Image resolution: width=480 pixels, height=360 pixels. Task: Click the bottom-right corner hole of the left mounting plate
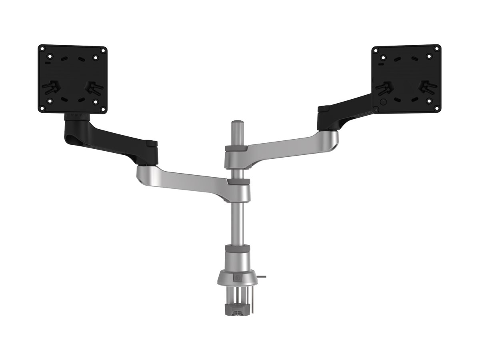(x=102, y=108)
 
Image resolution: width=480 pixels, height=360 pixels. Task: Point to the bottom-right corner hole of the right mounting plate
(x=435, y=107)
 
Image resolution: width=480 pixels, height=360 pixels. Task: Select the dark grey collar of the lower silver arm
(x=238, y=181)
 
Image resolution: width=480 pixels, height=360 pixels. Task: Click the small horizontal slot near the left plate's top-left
(x=48, y=63)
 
